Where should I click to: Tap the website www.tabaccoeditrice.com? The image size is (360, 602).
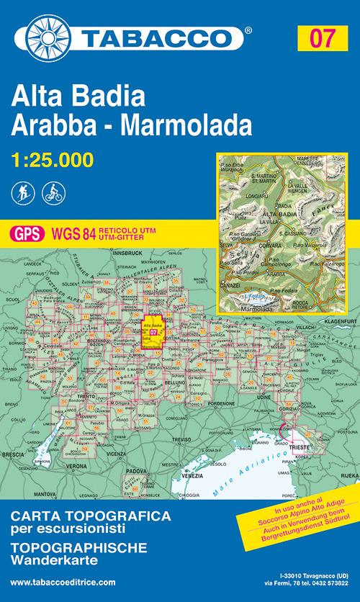[x=64, y=582]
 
